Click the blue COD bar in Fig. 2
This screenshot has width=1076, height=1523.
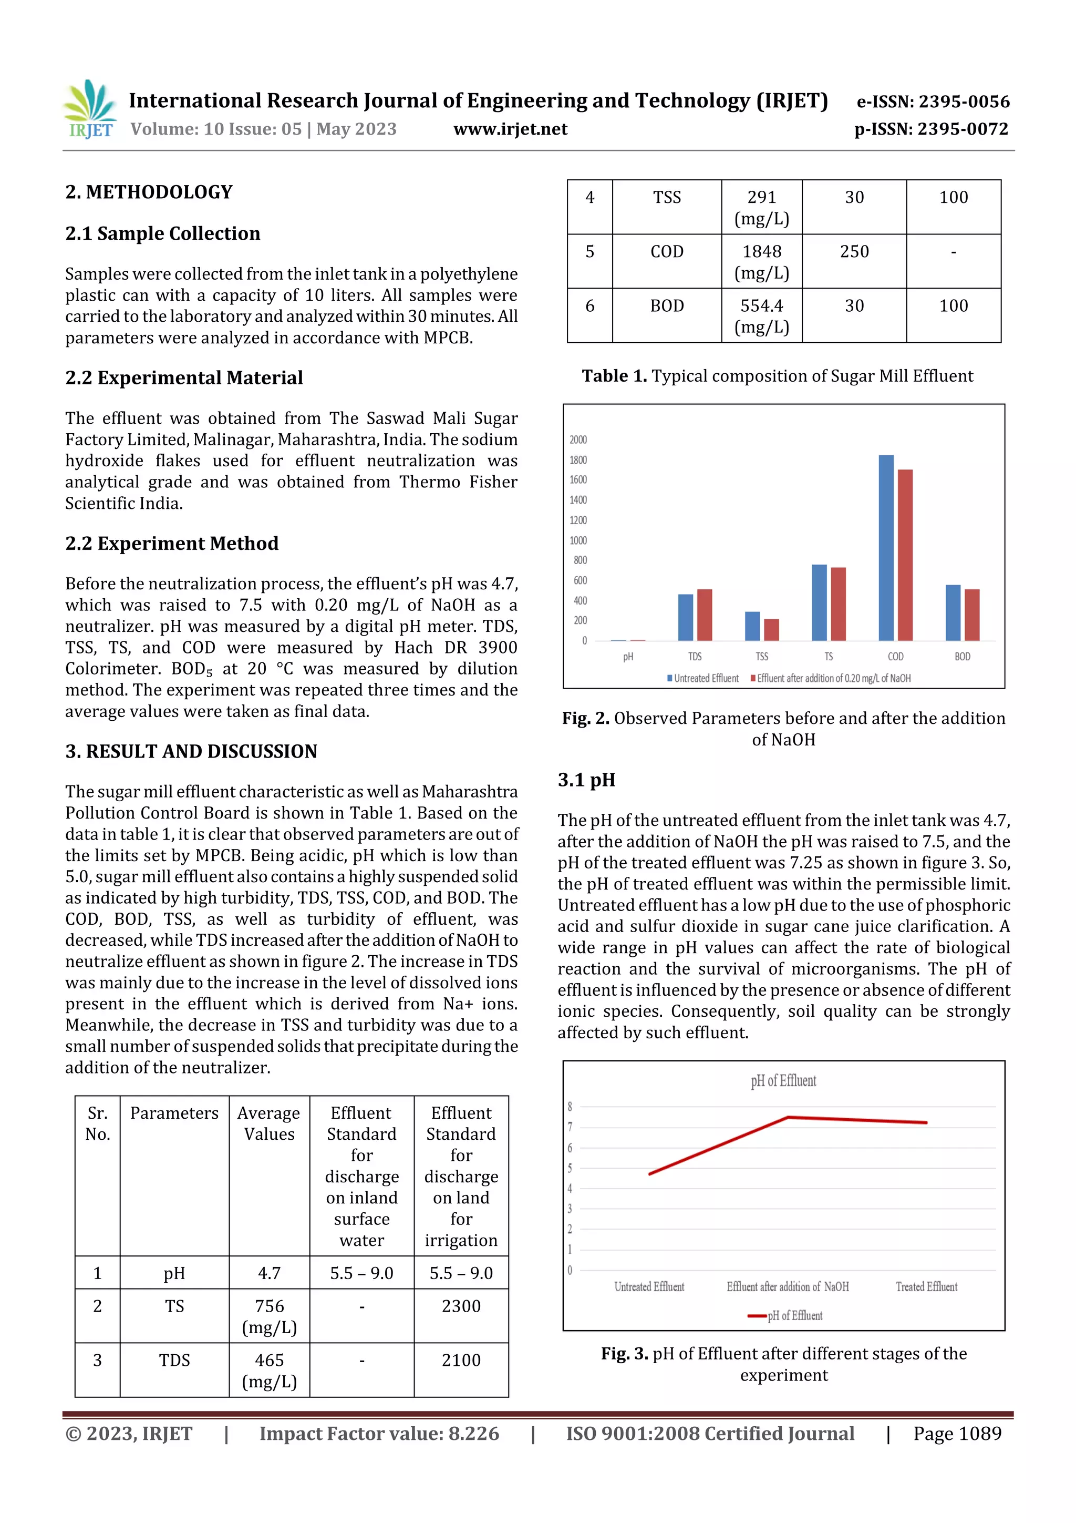[886, 547]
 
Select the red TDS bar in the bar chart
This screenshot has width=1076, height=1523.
[704, 615]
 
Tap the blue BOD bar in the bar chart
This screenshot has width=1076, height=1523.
[953, 612]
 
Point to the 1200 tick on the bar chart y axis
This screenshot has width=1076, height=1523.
[577, 520]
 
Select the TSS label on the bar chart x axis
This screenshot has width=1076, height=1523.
[762, 657]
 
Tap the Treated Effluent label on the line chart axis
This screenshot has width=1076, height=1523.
[926, 1287]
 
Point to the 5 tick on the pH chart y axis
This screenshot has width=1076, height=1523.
[570, 1168]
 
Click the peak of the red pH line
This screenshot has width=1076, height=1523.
[788, 1117]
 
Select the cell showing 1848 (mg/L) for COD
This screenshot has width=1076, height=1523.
[761, 261]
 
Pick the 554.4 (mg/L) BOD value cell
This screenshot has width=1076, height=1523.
[761, 316]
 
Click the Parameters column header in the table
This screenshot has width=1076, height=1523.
[174, 1113]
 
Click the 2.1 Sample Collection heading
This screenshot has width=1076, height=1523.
[162, 233]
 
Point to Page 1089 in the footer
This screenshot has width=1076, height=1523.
[957, 1434]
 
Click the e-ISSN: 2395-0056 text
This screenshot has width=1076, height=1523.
[933, 101]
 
